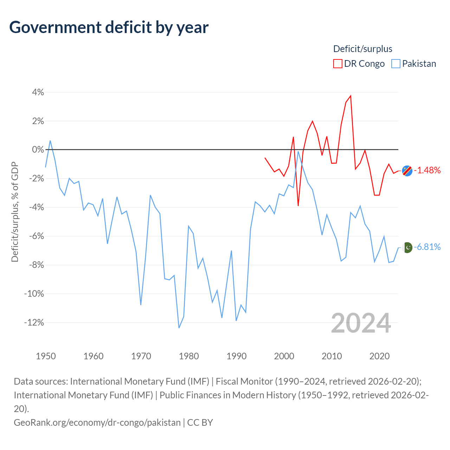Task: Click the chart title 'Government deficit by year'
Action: (x=109, y=27)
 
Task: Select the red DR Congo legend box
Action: (x=337, y=64)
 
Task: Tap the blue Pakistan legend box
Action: (x=396, y=64)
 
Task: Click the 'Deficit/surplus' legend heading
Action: (x=362, y=49)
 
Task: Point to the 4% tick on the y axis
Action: (x=38, y=92)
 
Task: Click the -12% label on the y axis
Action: (x=34, y=322)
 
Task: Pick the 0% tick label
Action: (x=38, y=149)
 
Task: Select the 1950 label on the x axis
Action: (x=46, y=356)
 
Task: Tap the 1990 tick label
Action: (x=236, y=356)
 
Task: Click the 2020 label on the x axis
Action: (x=379, y=356)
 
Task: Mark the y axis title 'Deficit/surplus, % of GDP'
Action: (x=15, y=212)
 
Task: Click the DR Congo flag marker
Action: (x=407, y=171)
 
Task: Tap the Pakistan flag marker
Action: (x=408, y=247)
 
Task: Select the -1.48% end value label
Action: (x=427, y=170)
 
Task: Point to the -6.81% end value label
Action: (x=427, y=247)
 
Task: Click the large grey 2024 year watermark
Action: (x=361, y=323)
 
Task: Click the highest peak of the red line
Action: (x=351, y=96)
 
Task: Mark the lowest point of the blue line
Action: (x=179, y=328)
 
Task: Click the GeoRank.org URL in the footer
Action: (x=97, y=423)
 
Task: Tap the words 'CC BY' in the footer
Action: (x=200, y=423)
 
